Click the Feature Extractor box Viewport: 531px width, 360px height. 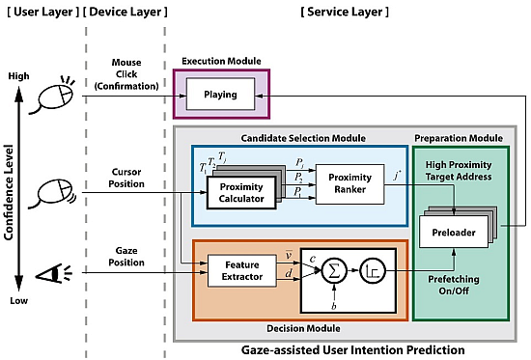tap(236, 270)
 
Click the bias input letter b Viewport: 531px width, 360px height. tap(332, 306)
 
